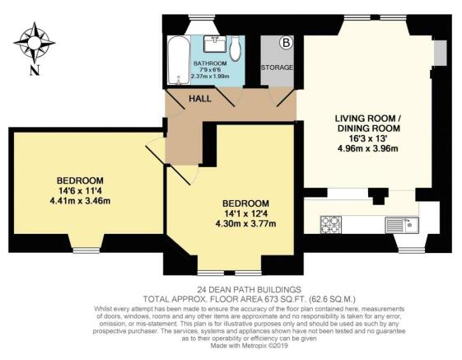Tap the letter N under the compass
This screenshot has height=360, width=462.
34,70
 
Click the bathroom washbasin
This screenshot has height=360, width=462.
214,40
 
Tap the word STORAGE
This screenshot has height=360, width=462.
276,67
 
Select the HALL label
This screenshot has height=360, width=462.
199,99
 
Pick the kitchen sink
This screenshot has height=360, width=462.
403,222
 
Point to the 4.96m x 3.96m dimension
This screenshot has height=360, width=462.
366,149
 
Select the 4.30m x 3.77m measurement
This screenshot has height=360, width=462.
245,223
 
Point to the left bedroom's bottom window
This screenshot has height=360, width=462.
86,244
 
